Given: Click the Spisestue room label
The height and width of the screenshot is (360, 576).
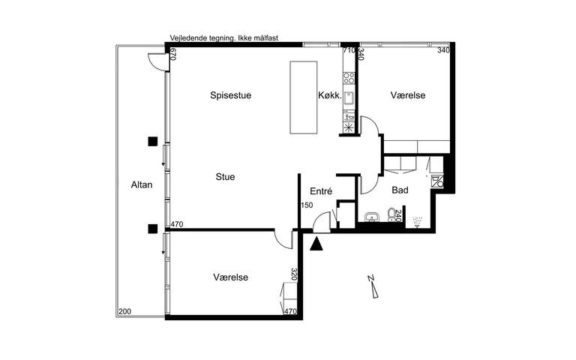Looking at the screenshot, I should (x=229, y=95).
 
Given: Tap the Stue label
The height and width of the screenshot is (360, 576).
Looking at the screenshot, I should (x=225, y=177).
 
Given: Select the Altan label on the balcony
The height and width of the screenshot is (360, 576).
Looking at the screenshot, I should (x=141, y=184).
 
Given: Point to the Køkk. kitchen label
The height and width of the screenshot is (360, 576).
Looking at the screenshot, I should (x=329, y=95).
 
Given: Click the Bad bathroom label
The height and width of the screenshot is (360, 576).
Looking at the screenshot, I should (x=400, y=190).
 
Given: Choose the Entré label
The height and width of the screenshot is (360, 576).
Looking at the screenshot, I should (x=320, y=191).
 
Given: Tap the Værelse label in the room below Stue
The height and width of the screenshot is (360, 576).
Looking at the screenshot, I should (x=230, y=277).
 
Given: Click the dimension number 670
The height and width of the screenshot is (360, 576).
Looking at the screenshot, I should (x=172, y=53).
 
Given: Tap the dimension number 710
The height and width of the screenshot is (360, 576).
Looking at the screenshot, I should (x=348, y=50).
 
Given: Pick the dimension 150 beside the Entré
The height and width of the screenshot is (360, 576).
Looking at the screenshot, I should (x=306, y=205).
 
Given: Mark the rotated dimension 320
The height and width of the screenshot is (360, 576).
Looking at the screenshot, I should (x=295, y=275).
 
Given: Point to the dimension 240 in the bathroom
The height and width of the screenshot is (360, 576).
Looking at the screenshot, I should (x=398, y=217).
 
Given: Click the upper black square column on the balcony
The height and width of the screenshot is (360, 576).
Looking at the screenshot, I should (x=152, y=140).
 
